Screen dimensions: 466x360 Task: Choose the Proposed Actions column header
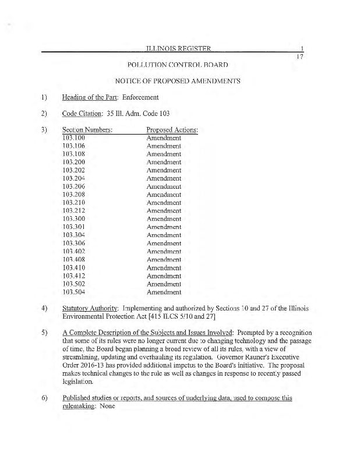pyautogui.click(x=172, y=129)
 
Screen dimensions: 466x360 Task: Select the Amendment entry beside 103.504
pyautogui.click(x=164, y=292)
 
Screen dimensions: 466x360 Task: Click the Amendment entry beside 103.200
pyautogui.click(x=164, y=162)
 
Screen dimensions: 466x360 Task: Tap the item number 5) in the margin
pyautogui.click(x=44, y=333)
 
